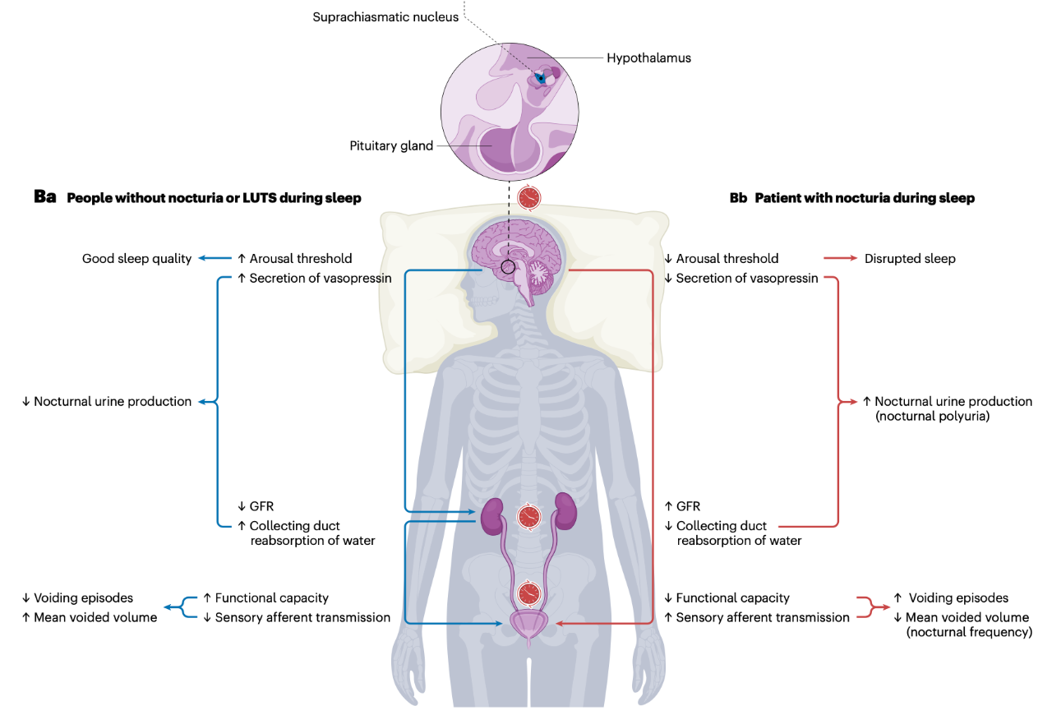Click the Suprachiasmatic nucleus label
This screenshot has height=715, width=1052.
coord(385,17)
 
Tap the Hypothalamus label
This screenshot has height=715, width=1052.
coord(648,58)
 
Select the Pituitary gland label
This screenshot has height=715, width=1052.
coord(391,145)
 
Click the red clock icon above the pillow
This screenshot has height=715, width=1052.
coord(529,198)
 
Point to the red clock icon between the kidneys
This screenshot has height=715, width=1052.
coord(529,517)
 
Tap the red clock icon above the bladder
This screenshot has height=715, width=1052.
coord(529,594)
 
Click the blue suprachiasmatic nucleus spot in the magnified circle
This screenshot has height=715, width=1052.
coord(541,78)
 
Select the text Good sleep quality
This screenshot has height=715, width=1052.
coord(136,258)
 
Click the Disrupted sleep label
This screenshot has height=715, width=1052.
coord(910,258)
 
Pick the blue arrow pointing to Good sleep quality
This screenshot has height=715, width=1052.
coord(215,258)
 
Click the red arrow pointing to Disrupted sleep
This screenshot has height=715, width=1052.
coord(840,258)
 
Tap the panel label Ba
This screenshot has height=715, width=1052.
coord(45,197)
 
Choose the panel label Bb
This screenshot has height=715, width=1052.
coord(738,198)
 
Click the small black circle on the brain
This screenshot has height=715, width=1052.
coord(508,267)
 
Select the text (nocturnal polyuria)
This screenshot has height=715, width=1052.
coord(932,416)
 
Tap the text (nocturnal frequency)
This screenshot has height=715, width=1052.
coord(969,632)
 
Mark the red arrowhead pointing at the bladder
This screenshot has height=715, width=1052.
coord(560,624)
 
